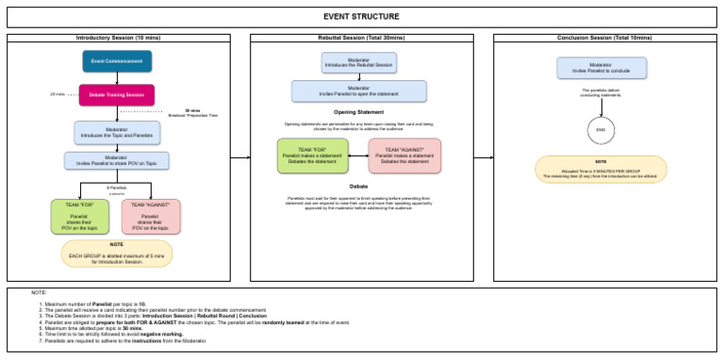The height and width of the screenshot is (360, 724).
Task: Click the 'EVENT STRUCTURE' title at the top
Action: pyautogui.click(x=361, y=17)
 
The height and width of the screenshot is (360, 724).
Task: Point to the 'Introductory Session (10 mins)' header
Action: pyautogui.click(x=118, y=38)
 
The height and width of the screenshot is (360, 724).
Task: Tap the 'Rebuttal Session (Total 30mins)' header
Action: pyautogui.click(x=361, y=38)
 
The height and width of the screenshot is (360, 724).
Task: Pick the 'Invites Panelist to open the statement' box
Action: pyautogui.click(x=359, y=90)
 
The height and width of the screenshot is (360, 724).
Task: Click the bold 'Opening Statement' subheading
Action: pyautogui.click(x=359, y=111)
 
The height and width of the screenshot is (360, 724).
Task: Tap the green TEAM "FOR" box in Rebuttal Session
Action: pyautogui.click(x=311, y=155)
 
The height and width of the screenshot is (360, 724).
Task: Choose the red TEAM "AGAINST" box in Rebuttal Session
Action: pyautogui.click(x=404, y=155)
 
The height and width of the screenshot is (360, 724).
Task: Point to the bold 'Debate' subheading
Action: pyautogui.click(x=359, y=187)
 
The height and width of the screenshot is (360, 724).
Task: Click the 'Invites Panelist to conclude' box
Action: pyautogui.click(x=601, y=67)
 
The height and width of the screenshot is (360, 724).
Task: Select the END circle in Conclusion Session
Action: pyautogui.click(x=601, y=128)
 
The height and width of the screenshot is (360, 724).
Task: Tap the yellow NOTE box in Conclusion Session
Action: pyautogui.click(x=601, y=169)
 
